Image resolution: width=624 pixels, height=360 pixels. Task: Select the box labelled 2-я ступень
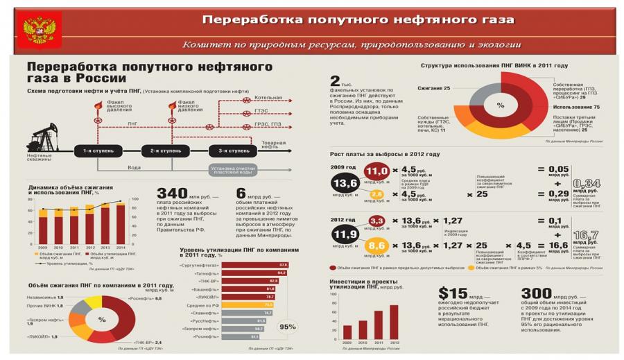coord(161,151)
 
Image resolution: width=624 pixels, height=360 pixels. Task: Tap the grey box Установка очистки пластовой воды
coord(235,169)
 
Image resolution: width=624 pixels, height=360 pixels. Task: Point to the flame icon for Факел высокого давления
coord(98,105)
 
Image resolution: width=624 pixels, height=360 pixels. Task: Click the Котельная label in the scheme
coord(268,98)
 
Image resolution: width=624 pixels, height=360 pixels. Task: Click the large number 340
coord(173,193)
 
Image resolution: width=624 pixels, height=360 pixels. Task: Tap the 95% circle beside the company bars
coord(287,326)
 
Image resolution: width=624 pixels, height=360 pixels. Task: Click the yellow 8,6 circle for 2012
coord(377,246)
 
